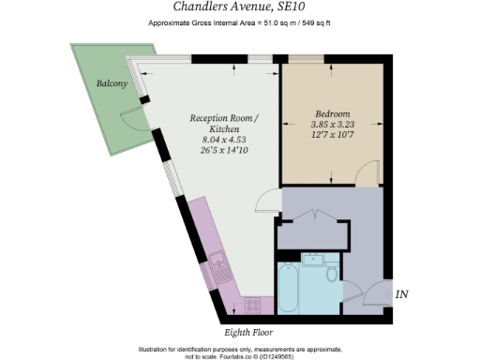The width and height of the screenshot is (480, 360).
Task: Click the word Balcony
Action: coord(112,83)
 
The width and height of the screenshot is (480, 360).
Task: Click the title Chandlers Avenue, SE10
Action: coord(239,7)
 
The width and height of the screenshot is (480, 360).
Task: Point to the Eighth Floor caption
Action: coord(249,332)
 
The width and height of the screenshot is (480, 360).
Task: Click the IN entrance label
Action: coord(402,295)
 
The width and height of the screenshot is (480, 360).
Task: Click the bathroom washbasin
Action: coord(314,259)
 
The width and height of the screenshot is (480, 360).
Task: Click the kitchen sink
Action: coord(218,267)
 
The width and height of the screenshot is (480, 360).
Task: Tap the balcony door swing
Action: coord(129,119)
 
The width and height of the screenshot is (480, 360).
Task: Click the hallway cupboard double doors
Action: coord(312,215)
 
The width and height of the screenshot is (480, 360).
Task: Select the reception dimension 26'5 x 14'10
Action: coord(222,149)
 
